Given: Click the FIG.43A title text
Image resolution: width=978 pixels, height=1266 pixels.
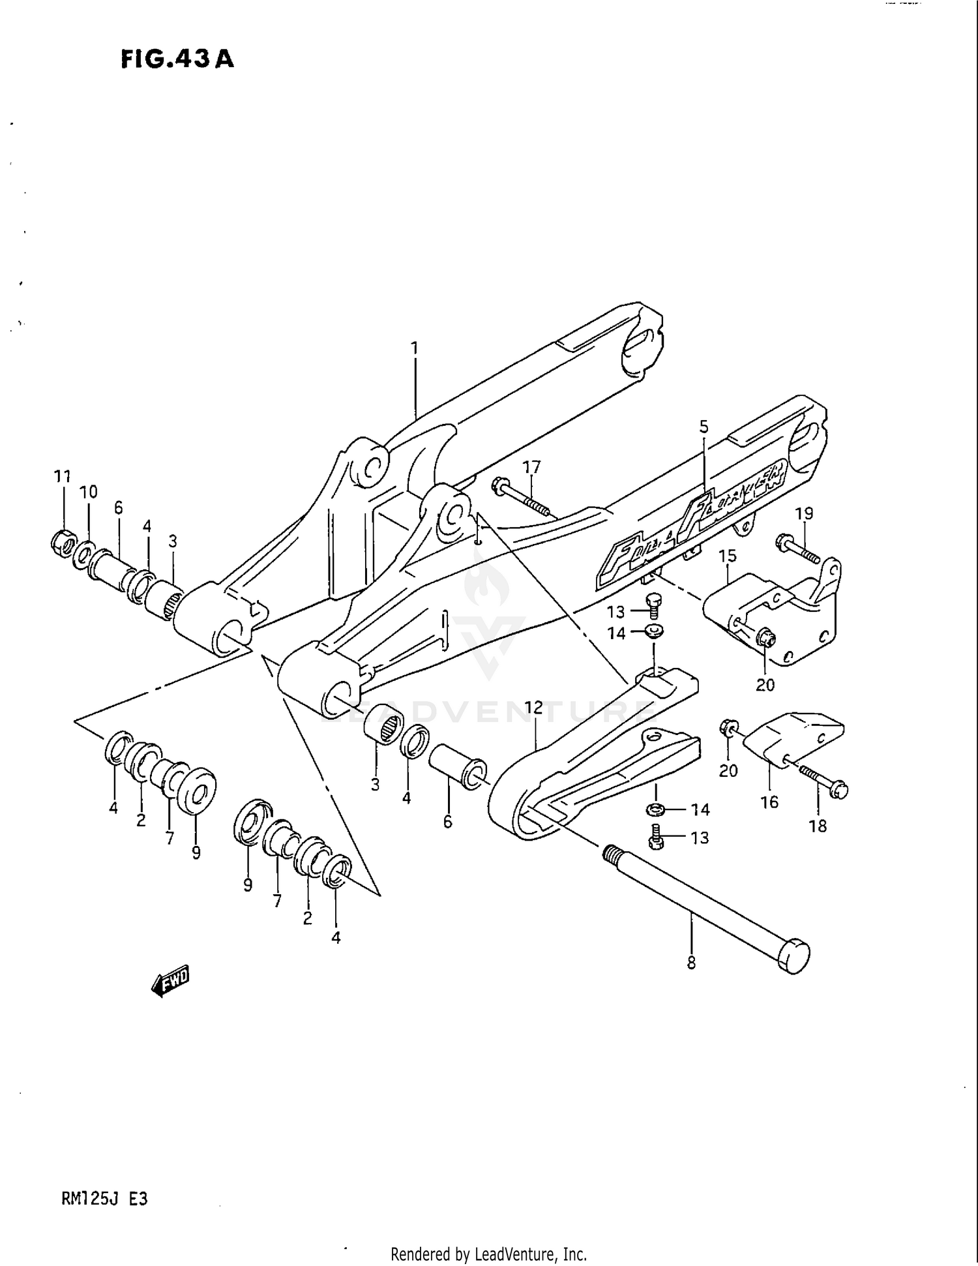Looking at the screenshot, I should tap(177, 59).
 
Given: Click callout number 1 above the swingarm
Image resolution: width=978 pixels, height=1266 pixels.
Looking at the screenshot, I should tap(414, 348).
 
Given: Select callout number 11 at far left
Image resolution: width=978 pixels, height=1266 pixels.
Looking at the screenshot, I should tap(62, 477).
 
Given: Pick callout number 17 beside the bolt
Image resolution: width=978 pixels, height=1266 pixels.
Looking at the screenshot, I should tap(532, 467).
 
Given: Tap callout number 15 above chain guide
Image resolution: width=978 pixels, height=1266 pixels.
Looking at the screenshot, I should tap(728, 556).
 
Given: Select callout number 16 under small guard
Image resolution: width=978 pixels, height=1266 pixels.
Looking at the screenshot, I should tap(769, 802).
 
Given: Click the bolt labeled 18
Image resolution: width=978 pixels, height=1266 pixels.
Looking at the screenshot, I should tap(824, 781).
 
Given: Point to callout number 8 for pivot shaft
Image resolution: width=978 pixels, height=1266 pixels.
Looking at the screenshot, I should tap(691, 962).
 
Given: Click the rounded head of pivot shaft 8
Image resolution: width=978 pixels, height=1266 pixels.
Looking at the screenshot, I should tap(794, 956).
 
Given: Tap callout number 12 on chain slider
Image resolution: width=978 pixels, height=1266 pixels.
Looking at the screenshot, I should tap(533, 708).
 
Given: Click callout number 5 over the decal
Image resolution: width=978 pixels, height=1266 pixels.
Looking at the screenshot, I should tap(704, 427).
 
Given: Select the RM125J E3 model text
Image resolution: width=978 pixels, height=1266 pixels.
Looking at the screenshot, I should tap(104, 1199).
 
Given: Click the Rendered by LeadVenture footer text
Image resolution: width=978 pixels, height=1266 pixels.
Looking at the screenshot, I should tap(488, 1254).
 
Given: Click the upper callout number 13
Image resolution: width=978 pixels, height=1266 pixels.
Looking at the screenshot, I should tap(615, 612).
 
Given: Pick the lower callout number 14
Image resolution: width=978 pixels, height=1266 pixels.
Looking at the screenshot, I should tap(700, 810).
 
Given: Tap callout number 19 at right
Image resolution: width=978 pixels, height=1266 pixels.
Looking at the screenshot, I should tap(804, 513).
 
